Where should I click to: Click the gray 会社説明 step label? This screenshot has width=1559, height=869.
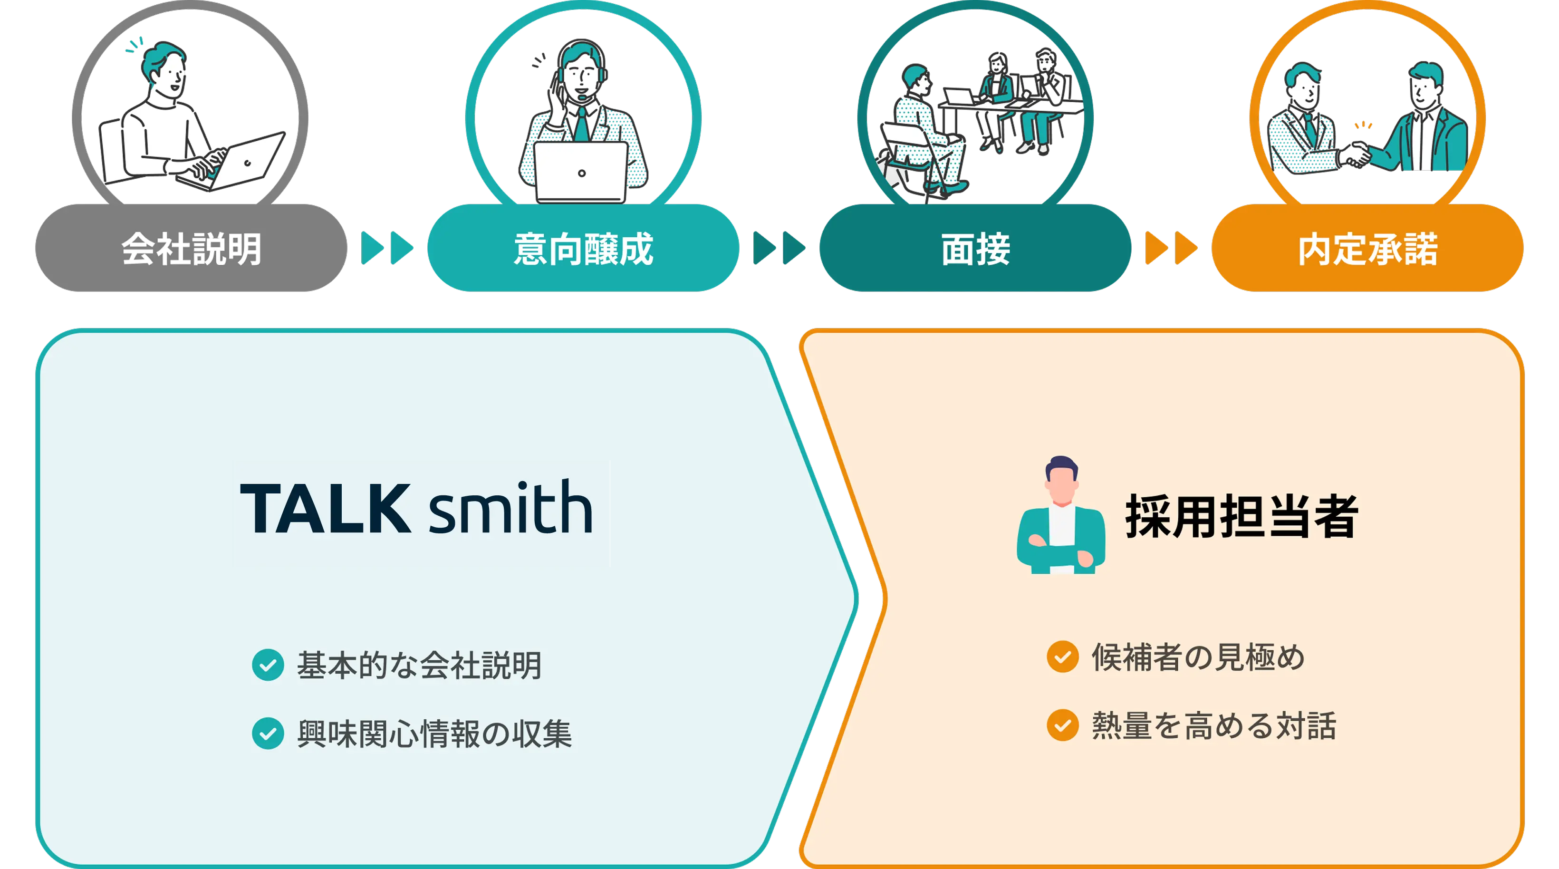point(191,248)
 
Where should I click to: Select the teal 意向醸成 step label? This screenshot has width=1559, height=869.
point(583,248)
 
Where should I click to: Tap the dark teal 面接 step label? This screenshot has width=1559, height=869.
point(975,248)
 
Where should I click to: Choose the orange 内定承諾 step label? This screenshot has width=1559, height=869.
point(1367,248)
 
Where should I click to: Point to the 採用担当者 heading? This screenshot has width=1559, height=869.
point(1242,516)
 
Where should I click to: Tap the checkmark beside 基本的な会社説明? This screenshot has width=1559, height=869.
point(268,665)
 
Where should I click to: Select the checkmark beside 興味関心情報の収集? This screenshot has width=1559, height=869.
point(268,734)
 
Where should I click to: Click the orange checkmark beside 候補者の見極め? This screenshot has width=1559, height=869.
point(1062,657)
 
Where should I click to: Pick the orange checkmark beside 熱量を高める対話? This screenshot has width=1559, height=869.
point(1062,725)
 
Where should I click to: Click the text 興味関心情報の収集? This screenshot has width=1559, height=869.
point(434,734)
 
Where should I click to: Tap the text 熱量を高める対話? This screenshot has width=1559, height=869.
point(1213,725)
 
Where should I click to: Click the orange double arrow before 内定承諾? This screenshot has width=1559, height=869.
point(1171,248)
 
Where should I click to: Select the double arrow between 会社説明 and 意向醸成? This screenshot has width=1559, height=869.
point(387,248)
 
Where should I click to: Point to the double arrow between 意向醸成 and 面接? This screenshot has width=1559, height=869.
point(779,248)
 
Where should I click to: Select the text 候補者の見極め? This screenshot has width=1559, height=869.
point(1198,657)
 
